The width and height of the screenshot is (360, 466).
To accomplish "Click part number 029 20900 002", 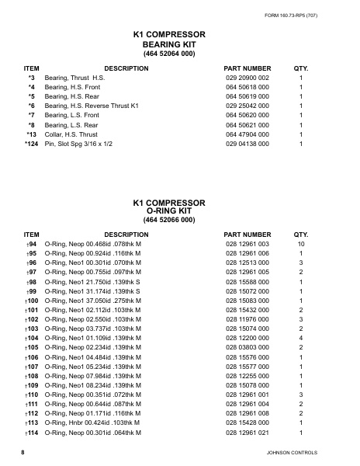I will [x=247, y=79].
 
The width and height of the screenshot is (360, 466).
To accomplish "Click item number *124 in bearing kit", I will [x=30, y=144].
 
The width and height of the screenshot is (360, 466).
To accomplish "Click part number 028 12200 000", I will [x=247, y=339].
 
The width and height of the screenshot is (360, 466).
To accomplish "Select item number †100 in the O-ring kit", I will [x=32, y=301].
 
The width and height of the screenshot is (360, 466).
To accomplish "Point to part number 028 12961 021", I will [x=247, y=433].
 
